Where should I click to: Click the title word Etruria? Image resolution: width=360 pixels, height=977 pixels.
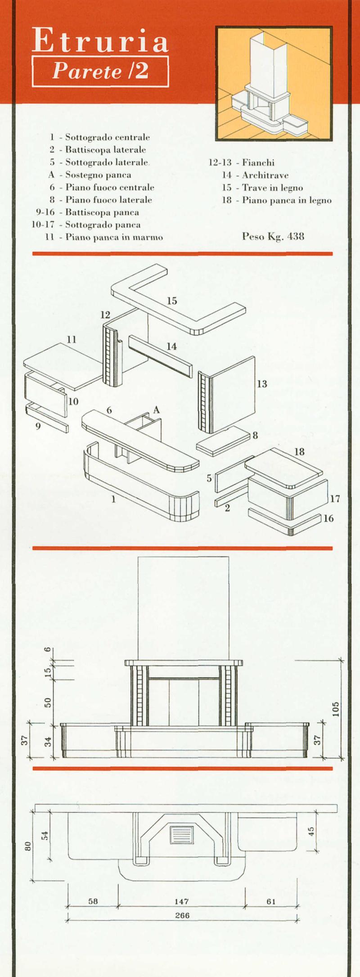[100, 41]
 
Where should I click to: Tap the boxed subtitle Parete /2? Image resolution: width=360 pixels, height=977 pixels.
[100, 71]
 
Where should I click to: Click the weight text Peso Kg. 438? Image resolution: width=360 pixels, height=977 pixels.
[273, 236]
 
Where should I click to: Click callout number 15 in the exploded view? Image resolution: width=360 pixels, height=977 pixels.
[172, 301]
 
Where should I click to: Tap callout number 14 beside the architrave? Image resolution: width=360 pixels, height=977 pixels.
[171, 347]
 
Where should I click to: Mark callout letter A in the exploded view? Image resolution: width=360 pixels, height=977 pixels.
[156, 410]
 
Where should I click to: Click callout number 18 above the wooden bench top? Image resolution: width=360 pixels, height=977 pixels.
[299, 452]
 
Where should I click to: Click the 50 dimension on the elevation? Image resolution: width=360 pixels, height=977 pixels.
[48, 702]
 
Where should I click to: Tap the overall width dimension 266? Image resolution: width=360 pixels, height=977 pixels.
[182, 915]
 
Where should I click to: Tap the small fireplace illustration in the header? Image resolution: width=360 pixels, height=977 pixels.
[274, 83]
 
